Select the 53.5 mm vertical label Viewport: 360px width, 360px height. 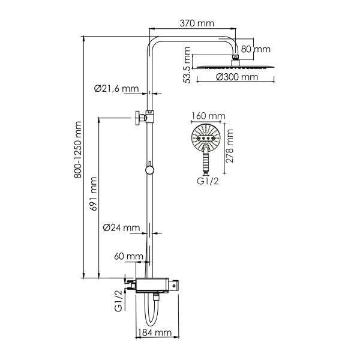pos(187,69)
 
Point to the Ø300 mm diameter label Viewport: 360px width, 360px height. pos(237,77)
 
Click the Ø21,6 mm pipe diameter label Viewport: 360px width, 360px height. pos(116,89)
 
